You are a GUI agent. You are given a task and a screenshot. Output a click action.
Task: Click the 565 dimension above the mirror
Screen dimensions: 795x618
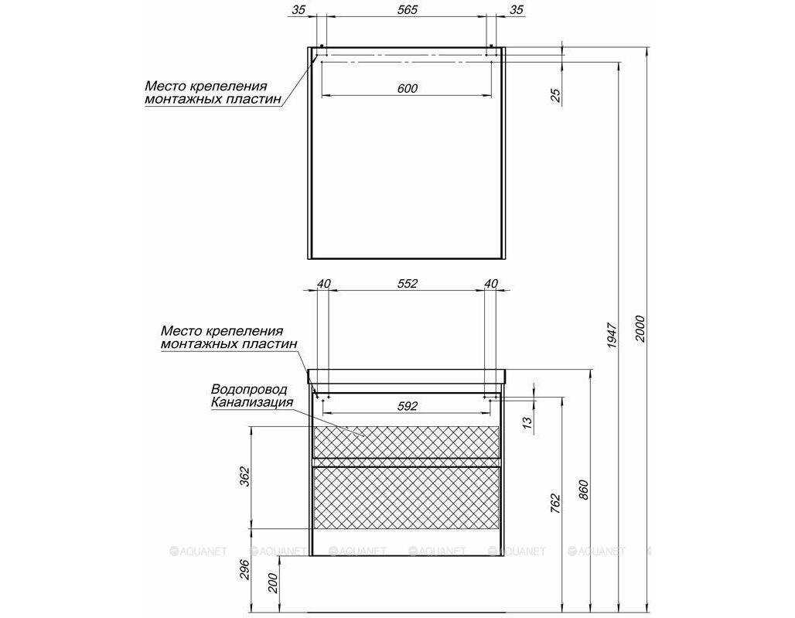pos(407,9)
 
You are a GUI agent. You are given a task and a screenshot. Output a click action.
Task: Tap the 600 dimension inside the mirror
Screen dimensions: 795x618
pos(407,88)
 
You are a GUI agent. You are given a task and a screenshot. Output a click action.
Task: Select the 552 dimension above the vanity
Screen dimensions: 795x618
pos(407,283)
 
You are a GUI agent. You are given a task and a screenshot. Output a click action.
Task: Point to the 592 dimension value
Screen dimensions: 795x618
pos(407,406)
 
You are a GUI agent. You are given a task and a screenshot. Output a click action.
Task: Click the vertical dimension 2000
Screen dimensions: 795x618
pos(640,329)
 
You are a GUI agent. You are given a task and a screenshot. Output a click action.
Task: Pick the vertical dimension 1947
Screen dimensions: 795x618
pos(612,335)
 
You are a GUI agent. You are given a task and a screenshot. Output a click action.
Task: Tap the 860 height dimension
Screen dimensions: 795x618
pos(584,490)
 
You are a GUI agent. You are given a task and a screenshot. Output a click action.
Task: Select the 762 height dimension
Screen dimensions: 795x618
pos(556,504)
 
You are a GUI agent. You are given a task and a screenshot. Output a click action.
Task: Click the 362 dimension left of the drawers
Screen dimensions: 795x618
pos(244,476)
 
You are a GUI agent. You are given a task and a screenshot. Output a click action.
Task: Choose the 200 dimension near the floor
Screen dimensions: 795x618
pos(272,582)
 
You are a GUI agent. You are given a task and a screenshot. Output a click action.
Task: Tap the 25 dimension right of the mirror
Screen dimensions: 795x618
pos(556,95)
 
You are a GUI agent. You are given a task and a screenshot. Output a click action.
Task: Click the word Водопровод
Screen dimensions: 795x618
pos(249,389)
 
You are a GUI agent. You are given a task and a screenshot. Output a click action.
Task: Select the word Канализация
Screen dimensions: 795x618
pos(252,402)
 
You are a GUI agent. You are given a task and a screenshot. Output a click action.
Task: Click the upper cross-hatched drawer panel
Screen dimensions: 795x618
pos(407,441)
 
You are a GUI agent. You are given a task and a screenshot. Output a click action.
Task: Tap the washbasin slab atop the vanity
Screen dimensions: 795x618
pos(407,376)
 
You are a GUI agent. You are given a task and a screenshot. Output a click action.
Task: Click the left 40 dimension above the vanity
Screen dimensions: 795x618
pos(323,283)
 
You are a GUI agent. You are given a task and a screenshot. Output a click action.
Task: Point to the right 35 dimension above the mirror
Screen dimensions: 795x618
pos(516,9)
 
